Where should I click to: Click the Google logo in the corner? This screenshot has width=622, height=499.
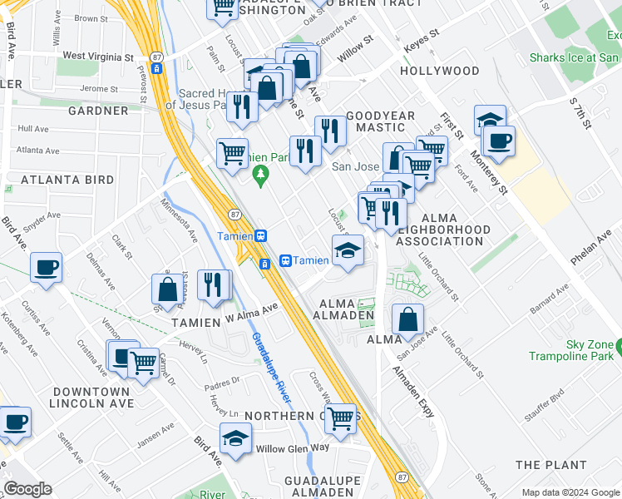click(27, 489)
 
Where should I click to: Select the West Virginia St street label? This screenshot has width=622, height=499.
click(98, 57)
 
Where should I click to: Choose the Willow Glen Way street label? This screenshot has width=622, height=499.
click(293, 447)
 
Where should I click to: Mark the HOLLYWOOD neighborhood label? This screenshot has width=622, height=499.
click(439, 72)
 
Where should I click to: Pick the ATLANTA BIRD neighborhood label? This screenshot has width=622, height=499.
click(67, 180)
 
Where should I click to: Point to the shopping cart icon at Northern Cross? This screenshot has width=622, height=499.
click(340, 417)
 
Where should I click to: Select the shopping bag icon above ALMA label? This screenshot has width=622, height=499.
click(407, 318)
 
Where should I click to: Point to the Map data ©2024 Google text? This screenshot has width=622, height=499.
click(570, 492)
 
